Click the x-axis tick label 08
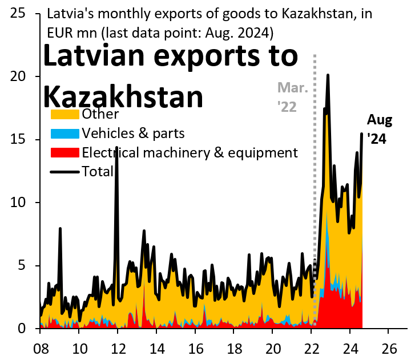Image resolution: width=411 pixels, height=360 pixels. click(41, 347)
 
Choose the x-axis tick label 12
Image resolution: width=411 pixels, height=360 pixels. click(118, 347)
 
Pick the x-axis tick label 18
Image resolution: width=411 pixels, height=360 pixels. click(234, 347)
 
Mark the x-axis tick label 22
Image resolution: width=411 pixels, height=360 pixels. click(311, 347)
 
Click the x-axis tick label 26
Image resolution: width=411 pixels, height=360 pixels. click(389, 347)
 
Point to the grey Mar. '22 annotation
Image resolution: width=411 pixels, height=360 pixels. click(292, 97)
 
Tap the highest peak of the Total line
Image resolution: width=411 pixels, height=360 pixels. click(328, 75)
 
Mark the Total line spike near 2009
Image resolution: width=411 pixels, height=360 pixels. click(60, 228)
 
